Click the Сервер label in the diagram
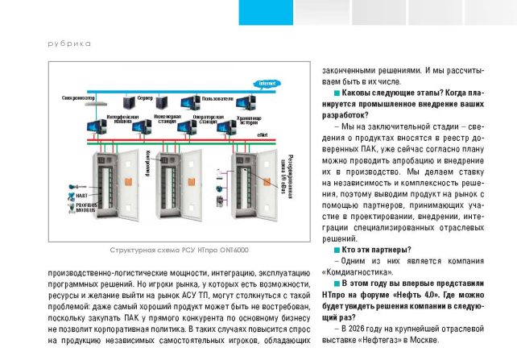145,97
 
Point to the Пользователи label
218,97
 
